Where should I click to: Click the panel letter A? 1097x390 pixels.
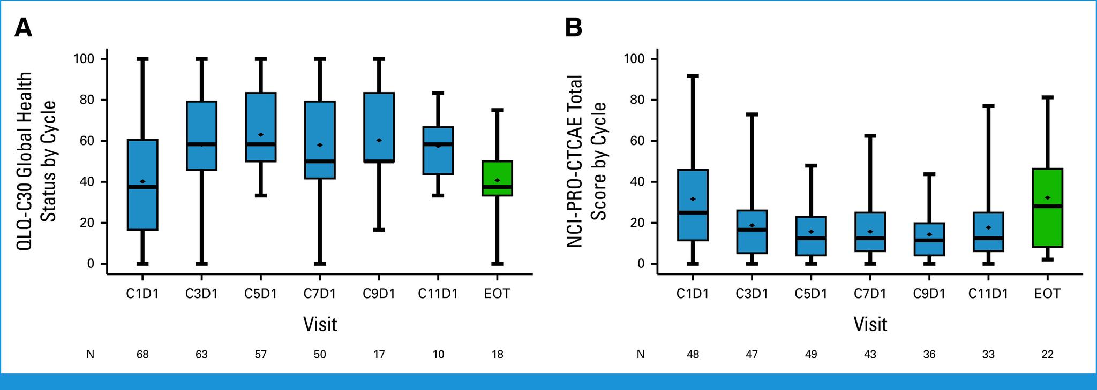click(23, 28)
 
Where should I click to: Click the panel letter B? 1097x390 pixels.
click(574, 28)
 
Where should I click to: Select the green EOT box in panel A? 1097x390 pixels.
click(497, 178)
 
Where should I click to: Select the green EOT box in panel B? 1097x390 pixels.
click(1047, 208)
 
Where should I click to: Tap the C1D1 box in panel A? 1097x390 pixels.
click(142, 185)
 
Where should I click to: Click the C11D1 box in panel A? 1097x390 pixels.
click(438, 151)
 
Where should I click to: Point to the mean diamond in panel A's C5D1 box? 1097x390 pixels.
click(261, 135)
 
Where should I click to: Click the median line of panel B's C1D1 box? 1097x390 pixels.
click(693, 212)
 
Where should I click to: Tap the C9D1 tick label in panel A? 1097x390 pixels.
click(379, 294)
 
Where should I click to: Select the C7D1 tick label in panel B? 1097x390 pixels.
click(870, 294)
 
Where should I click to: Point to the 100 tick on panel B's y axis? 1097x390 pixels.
click(634, 58)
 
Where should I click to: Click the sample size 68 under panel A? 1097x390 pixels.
click(142, 354)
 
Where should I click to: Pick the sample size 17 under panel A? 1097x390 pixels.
click(379, 354)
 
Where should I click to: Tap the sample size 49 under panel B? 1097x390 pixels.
click(811, 354)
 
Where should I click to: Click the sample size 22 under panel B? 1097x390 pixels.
click(1047, 354)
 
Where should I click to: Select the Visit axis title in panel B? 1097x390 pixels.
click(870, 324)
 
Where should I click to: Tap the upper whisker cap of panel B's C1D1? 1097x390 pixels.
click(693, 76)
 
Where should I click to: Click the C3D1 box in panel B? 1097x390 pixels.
click(752, 232)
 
